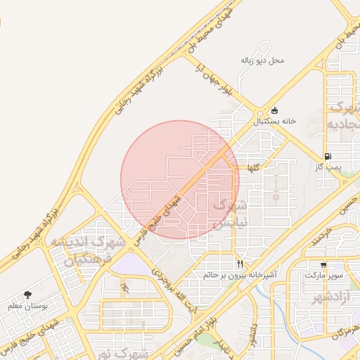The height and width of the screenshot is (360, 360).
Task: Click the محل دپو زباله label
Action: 262,60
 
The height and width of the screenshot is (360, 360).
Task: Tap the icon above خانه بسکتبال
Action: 274,110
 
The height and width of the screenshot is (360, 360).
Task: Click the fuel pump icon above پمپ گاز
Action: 328,156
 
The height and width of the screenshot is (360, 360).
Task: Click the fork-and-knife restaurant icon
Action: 240,264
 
